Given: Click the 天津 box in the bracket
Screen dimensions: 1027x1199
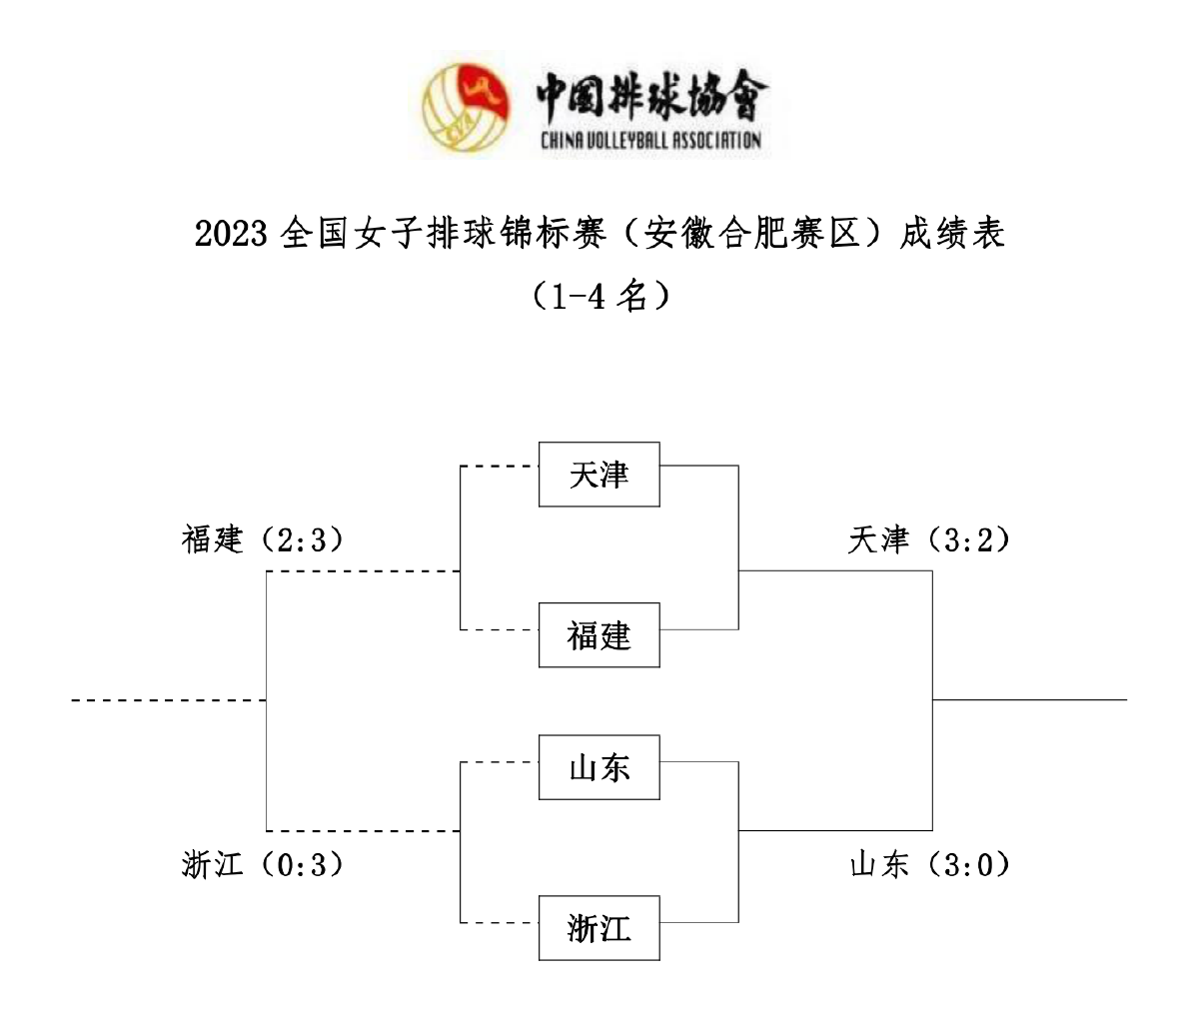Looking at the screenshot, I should click(599, 475).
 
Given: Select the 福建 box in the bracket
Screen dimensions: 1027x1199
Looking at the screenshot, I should click(599, 635).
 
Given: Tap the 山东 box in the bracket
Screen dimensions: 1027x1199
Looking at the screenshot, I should click(599, 767).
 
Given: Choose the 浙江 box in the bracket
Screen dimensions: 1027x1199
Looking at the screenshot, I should click(599, 928).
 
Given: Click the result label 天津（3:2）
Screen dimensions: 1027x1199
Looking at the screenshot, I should click(929, 540).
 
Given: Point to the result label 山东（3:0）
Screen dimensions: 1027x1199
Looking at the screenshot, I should click(929, 864).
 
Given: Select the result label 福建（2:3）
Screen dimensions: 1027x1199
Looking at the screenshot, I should click(263, 540).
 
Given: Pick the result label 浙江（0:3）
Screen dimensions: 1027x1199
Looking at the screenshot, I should click(263, 864).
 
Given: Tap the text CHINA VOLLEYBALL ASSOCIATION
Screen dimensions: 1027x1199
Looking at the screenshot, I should click(650, 140).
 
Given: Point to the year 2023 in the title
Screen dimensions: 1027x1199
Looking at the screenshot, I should click(231, 234).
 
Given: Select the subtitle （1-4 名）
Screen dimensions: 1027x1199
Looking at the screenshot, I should click(599, 296).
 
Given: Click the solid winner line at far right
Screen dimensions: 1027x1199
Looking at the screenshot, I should click(1029, 699).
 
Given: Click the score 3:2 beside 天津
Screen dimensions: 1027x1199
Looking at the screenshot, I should click(964, 540).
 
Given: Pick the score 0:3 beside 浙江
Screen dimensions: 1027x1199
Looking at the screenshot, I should click(298, 864).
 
